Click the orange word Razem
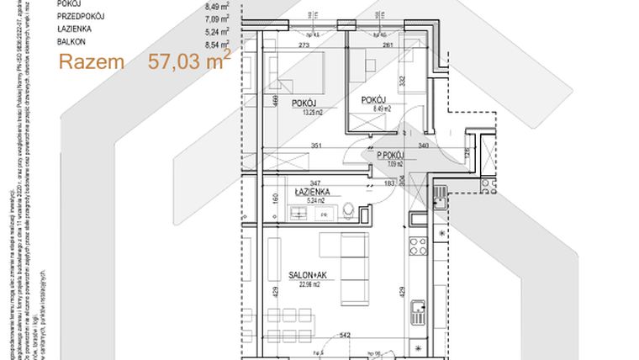(92, 62)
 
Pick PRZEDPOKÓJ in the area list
(81, 15)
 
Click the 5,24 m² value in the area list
(216, 28)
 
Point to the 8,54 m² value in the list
(216, 40)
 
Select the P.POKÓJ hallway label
(391, 156)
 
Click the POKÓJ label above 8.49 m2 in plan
(374, 100)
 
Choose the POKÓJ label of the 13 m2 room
(304, 103)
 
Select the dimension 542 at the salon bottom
(345, 336)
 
